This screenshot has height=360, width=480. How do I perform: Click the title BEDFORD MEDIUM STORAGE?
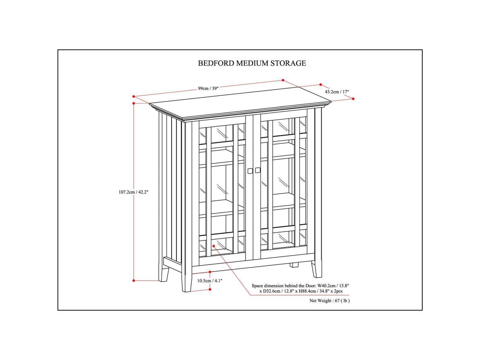pos(252,63)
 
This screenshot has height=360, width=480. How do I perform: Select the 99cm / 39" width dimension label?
pos(208,88)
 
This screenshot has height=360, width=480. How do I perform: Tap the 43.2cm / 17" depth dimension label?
pos(337,92)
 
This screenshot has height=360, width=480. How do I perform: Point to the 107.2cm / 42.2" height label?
pos(133,192)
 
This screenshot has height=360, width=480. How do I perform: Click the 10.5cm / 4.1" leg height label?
pos(210,281)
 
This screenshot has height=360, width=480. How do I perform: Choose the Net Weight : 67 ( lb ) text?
pos(330,301)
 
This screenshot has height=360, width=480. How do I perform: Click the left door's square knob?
pos(250,171)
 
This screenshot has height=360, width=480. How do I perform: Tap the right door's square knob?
pos(258,170)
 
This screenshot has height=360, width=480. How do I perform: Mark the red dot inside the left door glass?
pos(214,246)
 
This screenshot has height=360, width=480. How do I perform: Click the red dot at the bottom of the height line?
pos(134,280)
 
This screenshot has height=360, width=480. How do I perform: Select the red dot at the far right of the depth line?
pos(353,99)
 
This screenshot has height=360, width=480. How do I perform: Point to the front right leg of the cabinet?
pos(317,269)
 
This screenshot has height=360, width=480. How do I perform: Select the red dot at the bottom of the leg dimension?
pos(210,289)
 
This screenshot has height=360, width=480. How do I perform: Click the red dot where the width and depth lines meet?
pos(283,80)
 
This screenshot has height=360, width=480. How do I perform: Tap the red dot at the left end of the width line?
pos(134,96)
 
